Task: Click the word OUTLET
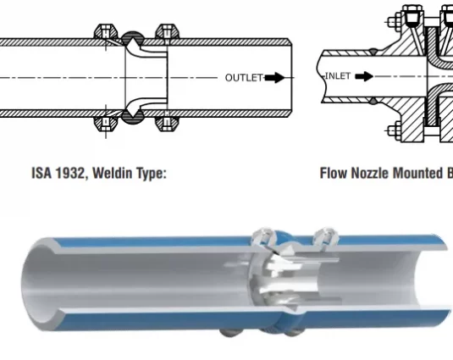point(244,78)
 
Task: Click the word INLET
point(338,76)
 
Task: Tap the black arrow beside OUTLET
point(274,78)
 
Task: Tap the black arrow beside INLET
point(364,76)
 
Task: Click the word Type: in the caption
point(152,174)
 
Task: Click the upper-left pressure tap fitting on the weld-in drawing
point(106,32)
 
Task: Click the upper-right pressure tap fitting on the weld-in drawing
point(167,32)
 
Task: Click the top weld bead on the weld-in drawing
point(133,38)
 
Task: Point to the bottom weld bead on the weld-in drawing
point(133,117)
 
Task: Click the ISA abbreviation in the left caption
point(41,173)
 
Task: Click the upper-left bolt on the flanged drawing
point(394,22)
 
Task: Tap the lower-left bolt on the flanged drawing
point(394,131)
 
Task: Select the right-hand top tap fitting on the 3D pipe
point(327,237)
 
